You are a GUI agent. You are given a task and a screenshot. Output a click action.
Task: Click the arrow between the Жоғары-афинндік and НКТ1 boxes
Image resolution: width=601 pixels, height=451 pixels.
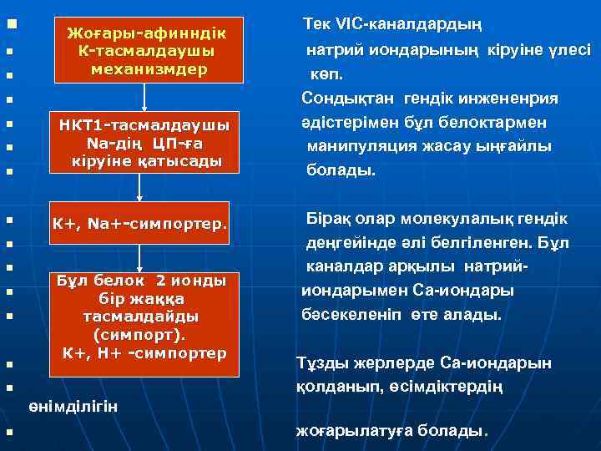click(x=144, y=97)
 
